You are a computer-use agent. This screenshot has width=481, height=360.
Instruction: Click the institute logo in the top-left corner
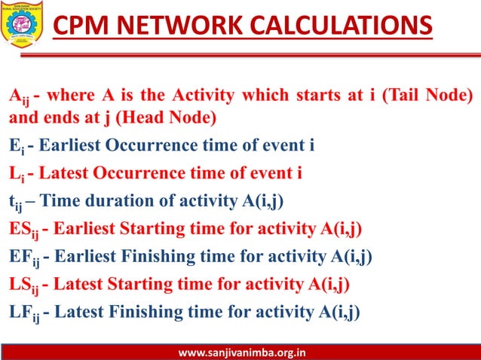[x=23, y=24]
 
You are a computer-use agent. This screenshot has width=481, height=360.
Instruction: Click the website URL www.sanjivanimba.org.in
[x=240, y=352]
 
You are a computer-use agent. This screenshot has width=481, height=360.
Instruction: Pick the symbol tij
[x=16, y=202]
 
